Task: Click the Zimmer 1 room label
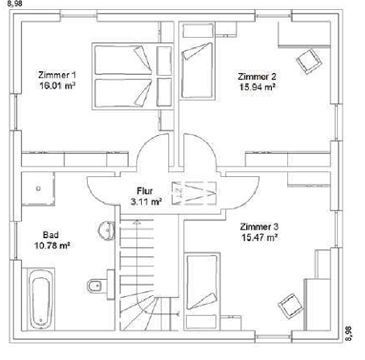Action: (57, 75)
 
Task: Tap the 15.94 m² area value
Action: (258, 87)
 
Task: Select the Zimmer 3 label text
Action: (259, 226)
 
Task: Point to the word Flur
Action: (144, 191)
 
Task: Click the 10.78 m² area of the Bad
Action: (52, 245)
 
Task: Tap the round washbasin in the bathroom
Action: (106, 230)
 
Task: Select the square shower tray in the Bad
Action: (39, 189)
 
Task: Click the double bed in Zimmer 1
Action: (132, 76)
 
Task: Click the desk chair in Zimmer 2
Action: (309, 61)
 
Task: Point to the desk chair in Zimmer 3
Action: (291, 306)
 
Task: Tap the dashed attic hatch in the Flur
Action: (194, 193)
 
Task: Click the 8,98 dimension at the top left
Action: (15, 4)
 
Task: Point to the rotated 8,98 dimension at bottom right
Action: (348, 333)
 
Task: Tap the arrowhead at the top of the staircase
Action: (137, 222)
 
